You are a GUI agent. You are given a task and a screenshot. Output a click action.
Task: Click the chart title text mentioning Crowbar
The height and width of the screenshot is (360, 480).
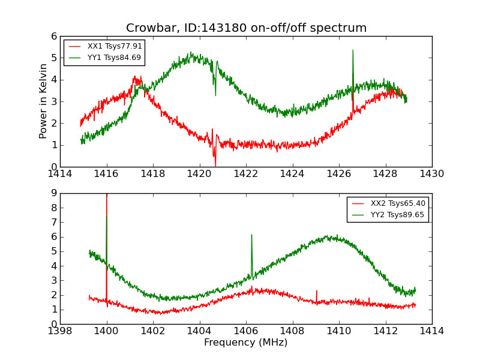(246, 28)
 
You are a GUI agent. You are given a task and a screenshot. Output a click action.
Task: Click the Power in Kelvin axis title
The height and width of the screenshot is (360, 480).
(43, 101)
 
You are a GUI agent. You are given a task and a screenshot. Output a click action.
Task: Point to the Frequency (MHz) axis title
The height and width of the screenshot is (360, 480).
(246, 343)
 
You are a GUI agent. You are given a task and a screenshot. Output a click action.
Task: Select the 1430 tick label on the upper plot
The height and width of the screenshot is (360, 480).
(431, 174)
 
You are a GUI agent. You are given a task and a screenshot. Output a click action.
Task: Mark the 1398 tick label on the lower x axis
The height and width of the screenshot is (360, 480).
(60, 331)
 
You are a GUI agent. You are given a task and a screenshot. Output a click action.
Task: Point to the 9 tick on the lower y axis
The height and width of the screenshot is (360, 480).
(54, 193)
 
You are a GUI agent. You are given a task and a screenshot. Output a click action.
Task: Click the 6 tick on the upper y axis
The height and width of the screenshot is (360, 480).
(54, 36)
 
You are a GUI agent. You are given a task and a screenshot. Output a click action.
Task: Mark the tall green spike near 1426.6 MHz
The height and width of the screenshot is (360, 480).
(353, 50)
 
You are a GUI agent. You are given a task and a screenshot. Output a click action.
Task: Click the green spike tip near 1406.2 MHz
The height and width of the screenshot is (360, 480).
(251, 235)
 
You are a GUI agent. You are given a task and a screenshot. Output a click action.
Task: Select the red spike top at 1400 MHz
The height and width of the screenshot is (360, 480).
(107, 195)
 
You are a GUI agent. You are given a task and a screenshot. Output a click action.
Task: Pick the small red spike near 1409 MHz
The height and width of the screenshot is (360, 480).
(317, 291)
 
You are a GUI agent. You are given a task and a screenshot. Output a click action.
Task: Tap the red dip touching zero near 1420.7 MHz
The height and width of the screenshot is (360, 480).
(215, 165)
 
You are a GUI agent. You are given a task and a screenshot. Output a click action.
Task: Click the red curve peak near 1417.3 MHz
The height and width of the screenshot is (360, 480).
(136, 77)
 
